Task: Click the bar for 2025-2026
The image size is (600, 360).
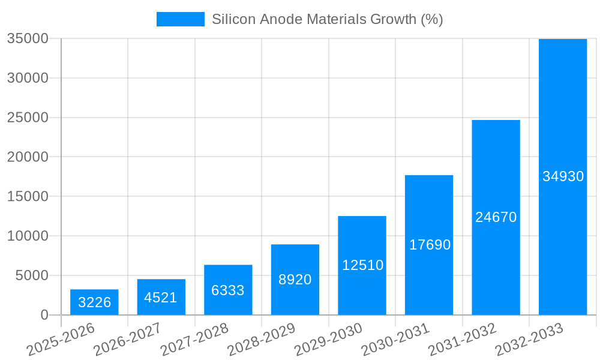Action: tap(94, 302)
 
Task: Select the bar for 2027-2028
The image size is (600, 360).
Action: tap(228, 290)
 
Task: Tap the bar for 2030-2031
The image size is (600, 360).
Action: tap(429, 245)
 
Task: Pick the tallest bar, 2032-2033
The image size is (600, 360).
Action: tap(563, 176)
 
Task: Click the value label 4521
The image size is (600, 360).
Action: tap(161, 298)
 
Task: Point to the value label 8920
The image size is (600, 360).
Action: tap(295, 280)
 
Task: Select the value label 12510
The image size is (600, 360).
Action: tap(362, 265)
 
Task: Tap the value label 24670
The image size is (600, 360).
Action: tap(496, 217)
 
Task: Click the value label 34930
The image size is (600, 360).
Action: tap(563, 176)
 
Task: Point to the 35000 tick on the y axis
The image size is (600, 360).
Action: tap(28, 38)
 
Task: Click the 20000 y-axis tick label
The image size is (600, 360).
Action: tap(28, 157)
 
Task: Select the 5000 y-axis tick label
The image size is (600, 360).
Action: tap(32, 275)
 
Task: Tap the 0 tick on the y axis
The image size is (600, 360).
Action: tap(44, 315)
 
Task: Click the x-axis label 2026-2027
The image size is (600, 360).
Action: tap(128, 340)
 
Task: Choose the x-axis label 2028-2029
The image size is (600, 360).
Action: tap(262, 340)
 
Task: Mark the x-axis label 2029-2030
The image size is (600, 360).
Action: tap(329, 340)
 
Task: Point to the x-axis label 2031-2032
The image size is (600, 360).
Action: tap(463, 340)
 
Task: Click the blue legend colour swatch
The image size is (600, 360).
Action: tap(180, 19)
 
